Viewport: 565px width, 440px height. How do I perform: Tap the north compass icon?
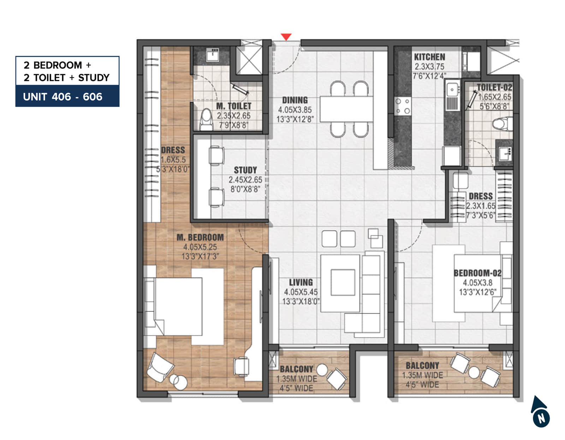click(540, 412)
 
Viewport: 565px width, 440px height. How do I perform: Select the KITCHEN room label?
click(429, 57)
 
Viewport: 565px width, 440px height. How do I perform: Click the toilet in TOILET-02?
click(501, 124)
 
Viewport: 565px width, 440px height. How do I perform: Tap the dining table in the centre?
click(346, 109)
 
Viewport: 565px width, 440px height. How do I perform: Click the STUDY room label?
click(245, 170)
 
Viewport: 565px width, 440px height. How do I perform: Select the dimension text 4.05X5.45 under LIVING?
click(301, 292)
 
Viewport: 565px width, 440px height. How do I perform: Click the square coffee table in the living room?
click(343, 283)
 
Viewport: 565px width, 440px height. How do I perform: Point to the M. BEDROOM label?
click(200, 237)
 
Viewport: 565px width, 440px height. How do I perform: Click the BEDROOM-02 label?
click(477, 273)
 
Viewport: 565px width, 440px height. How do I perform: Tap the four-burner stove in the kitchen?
click(403, 106)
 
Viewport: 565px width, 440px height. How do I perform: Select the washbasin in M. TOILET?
click(213, 54)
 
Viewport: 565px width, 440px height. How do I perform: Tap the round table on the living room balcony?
click(322, 370)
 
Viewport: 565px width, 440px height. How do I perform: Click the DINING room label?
click(295, 100)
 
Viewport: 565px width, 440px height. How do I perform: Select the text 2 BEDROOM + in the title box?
click(57, 65)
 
